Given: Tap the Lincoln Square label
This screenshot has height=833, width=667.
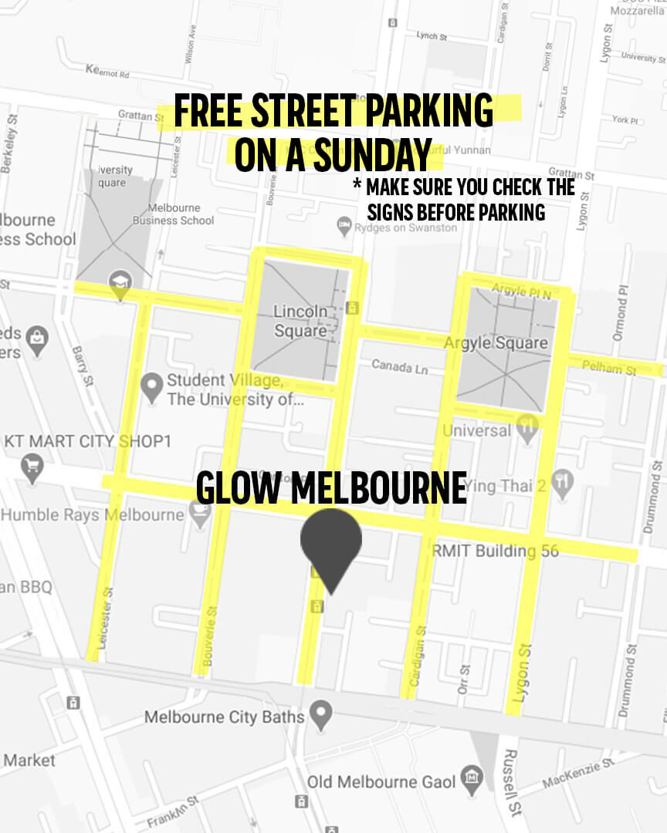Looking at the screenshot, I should [300, 321].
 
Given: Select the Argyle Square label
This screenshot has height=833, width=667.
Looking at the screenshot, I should [496, 342].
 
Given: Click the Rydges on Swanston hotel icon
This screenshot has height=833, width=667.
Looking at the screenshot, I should [344, 226].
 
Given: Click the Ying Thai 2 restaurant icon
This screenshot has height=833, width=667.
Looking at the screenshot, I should [563, 482].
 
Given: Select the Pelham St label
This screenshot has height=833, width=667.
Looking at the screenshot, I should [608, 369].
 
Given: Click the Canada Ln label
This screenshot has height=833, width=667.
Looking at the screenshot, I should [399, 366].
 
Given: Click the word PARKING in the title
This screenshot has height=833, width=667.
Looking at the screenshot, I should [429, 111].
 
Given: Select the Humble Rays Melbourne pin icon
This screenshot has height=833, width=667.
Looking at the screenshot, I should [200, 514].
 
